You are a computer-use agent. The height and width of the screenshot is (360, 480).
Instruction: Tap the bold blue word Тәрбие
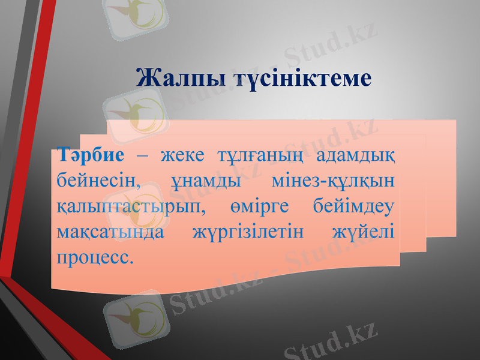click(x=91, y=155)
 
